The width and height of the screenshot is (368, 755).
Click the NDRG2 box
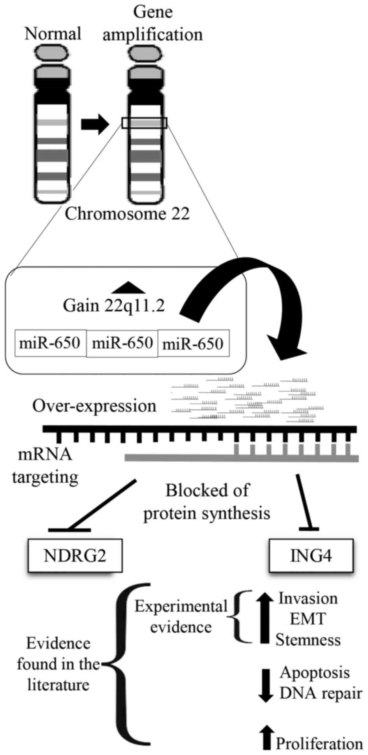coord(75,555)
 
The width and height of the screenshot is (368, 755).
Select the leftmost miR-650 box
coord(50,343)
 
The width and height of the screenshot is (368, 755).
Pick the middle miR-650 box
coord(122,343)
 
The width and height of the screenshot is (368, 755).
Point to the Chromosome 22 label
coord(127,214)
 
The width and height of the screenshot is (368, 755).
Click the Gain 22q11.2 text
coord(114,306)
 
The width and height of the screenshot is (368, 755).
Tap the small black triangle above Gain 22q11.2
coord(128,287)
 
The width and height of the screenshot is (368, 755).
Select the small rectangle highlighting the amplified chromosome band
coord(144,123)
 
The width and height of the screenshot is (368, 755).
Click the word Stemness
coord(308,640)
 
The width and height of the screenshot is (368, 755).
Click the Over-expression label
coord(94,406)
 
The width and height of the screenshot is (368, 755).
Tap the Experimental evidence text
coord(181,616)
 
